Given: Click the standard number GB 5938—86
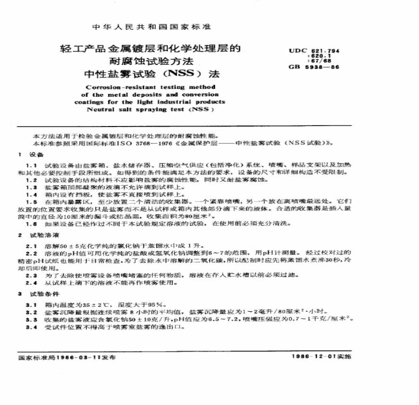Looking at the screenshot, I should (x=314, y=67).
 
